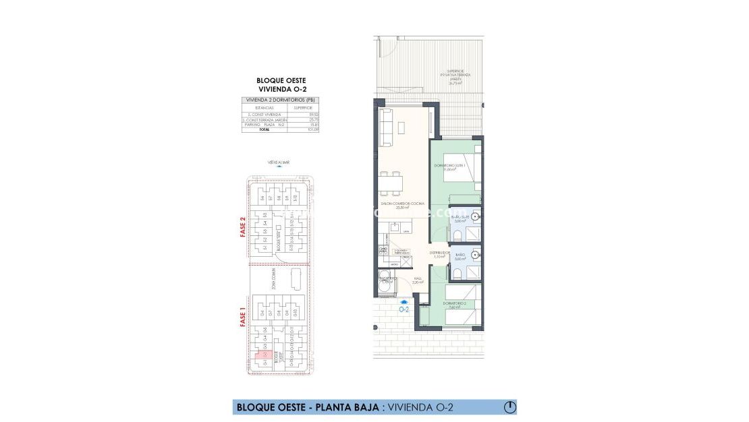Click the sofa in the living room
387,128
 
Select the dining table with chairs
391,181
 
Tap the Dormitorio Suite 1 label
450,168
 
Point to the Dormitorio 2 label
457,305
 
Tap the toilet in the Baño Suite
457,234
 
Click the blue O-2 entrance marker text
405,310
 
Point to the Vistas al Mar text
278,162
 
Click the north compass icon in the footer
510,407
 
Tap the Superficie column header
302,107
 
